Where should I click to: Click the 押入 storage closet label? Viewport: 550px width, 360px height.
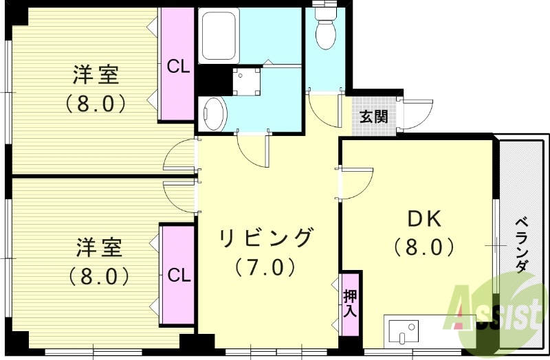(350, 303)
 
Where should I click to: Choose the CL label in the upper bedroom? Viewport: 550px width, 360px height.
(179, 67)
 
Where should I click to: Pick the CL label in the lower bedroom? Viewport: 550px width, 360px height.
(179, 275)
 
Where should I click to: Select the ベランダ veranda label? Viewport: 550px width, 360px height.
(522, 245)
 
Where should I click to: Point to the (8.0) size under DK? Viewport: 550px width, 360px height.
(424, 246)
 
